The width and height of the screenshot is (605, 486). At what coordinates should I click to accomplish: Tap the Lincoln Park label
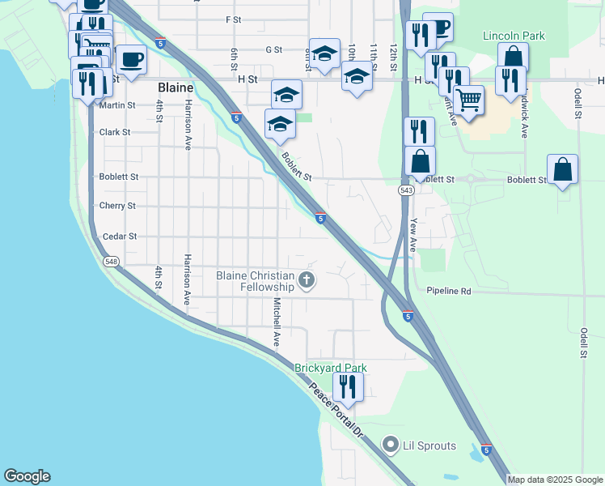point(514,36)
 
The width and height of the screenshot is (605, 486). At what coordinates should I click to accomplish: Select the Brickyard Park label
point(330,368)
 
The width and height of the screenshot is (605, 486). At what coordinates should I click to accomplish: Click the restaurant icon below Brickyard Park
point(348,386)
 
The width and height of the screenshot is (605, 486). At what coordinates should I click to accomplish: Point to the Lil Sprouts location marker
point(391,445)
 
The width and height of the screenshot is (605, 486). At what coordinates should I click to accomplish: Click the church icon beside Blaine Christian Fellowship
point(306,281)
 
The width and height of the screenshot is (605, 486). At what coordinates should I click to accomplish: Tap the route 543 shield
point(406,190)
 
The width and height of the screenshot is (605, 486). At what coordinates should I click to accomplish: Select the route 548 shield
point(111,261)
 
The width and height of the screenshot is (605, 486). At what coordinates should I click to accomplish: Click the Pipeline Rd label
point(449,291)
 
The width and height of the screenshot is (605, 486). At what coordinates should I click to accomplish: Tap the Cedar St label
point(120,237)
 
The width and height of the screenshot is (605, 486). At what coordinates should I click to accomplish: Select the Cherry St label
point(117,207)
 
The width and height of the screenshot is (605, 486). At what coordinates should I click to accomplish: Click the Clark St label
point(115,132)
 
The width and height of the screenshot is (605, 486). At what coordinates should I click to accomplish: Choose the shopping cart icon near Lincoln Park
point(468,100)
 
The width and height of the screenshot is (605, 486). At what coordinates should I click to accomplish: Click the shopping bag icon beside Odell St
point(562,168)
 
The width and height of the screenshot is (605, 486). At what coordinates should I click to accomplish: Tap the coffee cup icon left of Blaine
point(132,59)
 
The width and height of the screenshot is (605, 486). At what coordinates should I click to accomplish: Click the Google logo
point(27,476)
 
